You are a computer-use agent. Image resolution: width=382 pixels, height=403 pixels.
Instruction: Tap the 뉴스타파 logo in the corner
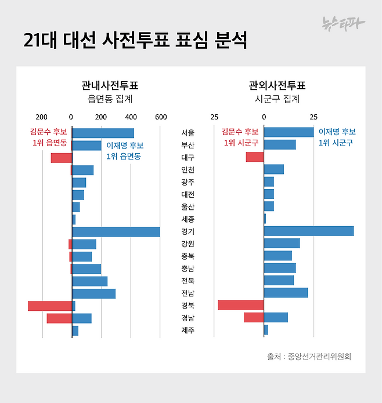pos(344,24)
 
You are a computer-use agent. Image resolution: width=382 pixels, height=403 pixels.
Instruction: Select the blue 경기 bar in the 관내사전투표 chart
pos(116,232)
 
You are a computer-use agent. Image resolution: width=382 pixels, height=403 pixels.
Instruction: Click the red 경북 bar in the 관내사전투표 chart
pos(50,306)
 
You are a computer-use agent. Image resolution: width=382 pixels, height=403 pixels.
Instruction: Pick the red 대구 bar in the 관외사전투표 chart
pos(254,157)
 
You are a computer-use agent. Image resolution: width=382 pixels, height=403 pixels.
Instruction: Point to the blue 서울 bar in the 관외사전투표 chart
pos(289,133)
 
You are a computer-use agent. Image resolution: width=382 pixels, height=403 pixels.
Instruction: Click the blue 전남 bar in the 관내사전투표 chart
pos(93,293)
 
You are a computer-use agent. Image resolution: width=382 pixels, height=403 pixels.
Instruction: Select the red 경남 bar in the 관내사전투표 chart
pos(59,318)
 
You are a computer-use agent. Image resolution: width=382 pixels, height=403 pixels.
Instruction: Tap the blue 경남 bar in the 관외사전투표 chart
pos(276,318)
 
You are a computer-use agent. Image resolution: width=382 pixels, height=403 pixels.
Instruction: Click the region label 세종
pos(188,219)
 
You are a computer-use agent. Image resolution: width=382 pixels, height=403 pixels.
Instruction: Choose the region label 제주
pos(188,331)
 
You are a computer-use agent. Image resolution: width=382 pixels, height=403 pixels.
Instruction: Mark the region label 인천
pos(188,170)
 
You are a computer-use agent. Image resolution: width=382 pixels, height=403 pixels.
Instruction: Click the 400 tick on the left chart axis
pos(131,117)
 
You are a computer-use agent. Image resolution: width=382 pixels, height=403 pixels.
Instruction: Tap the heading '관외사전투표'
pos(277,86)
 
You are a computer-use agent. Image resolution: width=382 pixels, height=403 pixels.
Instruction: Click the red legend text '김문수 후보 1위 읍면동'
pos(49,137)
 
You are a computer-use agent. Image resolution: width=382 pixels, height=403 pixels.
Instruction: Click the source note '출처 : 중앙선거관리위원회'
pos(309,357)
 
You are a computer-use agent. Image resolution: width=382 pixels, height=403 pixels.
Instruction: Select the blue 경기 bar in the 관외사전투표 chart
pos(308,231)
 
